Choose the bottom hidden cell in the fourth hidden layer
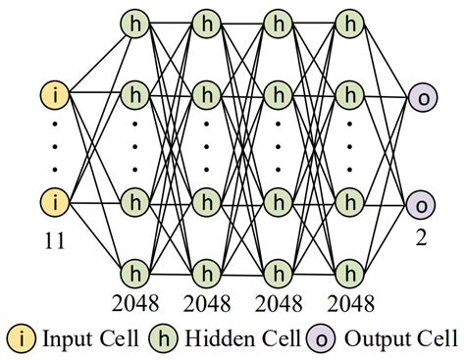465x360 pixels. (x=349, y=269)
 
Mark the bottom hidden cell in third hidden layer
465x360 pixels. (x=280, y=269)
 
